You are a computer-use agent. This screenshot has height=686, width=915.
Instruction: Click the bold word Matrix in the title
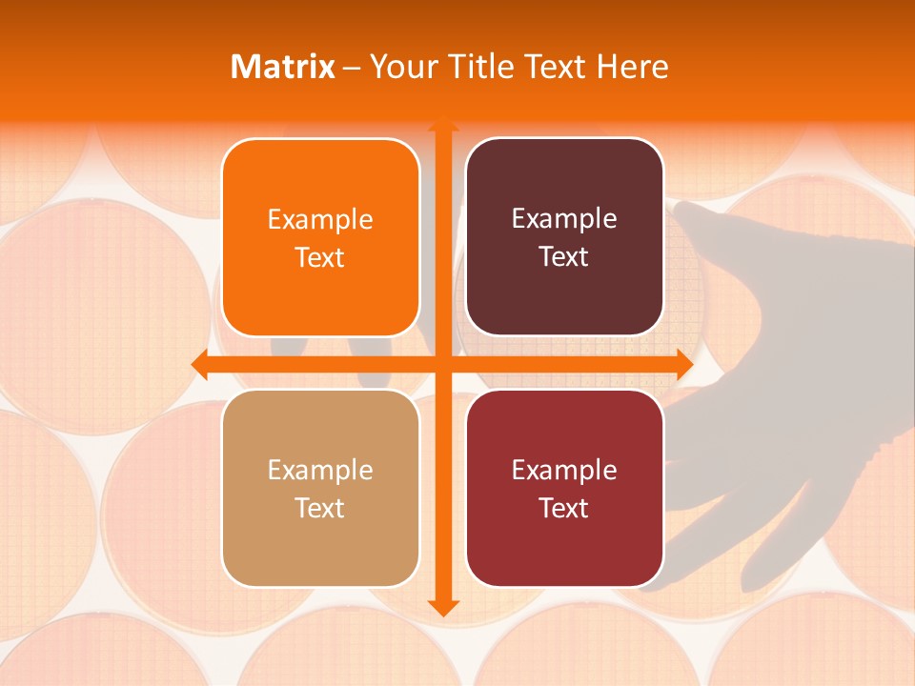[283, 67]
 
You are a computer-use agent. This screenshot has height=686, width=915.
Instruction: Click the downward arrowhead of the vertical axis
[442, 607]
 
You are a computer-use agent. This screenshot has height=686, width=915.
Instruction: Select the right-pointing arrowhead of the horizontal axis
[683, 364]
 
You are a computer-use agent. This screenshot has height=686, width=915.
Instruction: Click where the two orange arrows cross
[442, 364]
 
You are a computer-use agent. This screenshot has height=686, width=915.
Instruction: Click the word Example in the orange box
[320, 220]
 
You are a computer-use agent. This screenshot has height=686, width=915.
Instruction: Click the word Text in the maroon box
[564, 257]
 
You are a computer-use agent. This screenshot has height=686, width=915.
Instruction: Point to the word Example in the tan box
[320, 471]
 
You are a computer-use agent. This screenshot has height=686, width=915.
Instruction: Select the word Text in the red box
[564, 508]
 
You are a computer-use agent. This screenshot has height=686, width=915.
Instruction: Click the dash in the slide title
[352, 68]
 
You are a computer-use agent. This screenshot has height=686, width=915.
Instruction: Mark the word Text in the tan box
[320, 508]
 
